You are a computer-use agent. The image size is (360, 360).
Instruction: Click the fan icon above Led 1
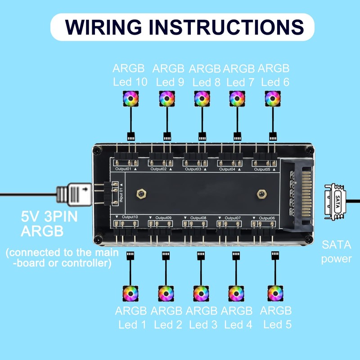pyautogui.click(x=130, y=294)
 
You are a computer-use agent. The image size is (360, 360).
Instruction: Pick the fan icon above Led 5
pyautogui.click(x=274, y=294)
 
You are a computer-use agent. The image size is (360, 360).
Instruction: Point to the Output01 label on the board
pyautogui.click(x=123, y=169)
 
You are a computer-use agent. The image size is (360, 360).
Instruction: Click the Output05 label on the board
pyautogui.click(x=262, y=170)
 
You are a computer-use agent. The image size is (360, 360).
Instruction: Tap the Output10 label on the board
pyautogui.click(x=130, y=217)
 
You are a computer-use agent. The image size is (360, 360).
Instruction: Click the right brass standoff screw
pyautogui.click(x=260, y=193)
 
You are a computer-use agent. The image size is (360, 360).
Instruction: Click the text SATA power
pyautogui.click(x=336, y=252)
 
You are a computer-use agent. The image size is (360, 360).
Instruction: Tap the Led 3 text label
pyautogui.click(x=202, y=324)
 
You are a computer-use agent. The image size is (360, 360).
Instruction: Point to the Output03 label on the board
pyautogui.click(x=193, y=169)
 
